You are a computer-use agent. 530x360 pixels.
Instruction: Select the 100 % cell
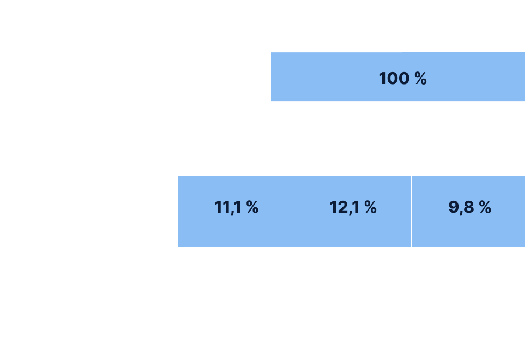402,78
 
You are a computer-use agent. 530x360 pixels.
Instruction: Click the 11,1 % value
236,207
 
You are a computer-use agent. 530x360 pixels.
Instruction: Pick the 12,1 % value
353,207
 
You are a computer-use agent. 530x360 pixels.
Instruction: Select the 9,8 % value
470,207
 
